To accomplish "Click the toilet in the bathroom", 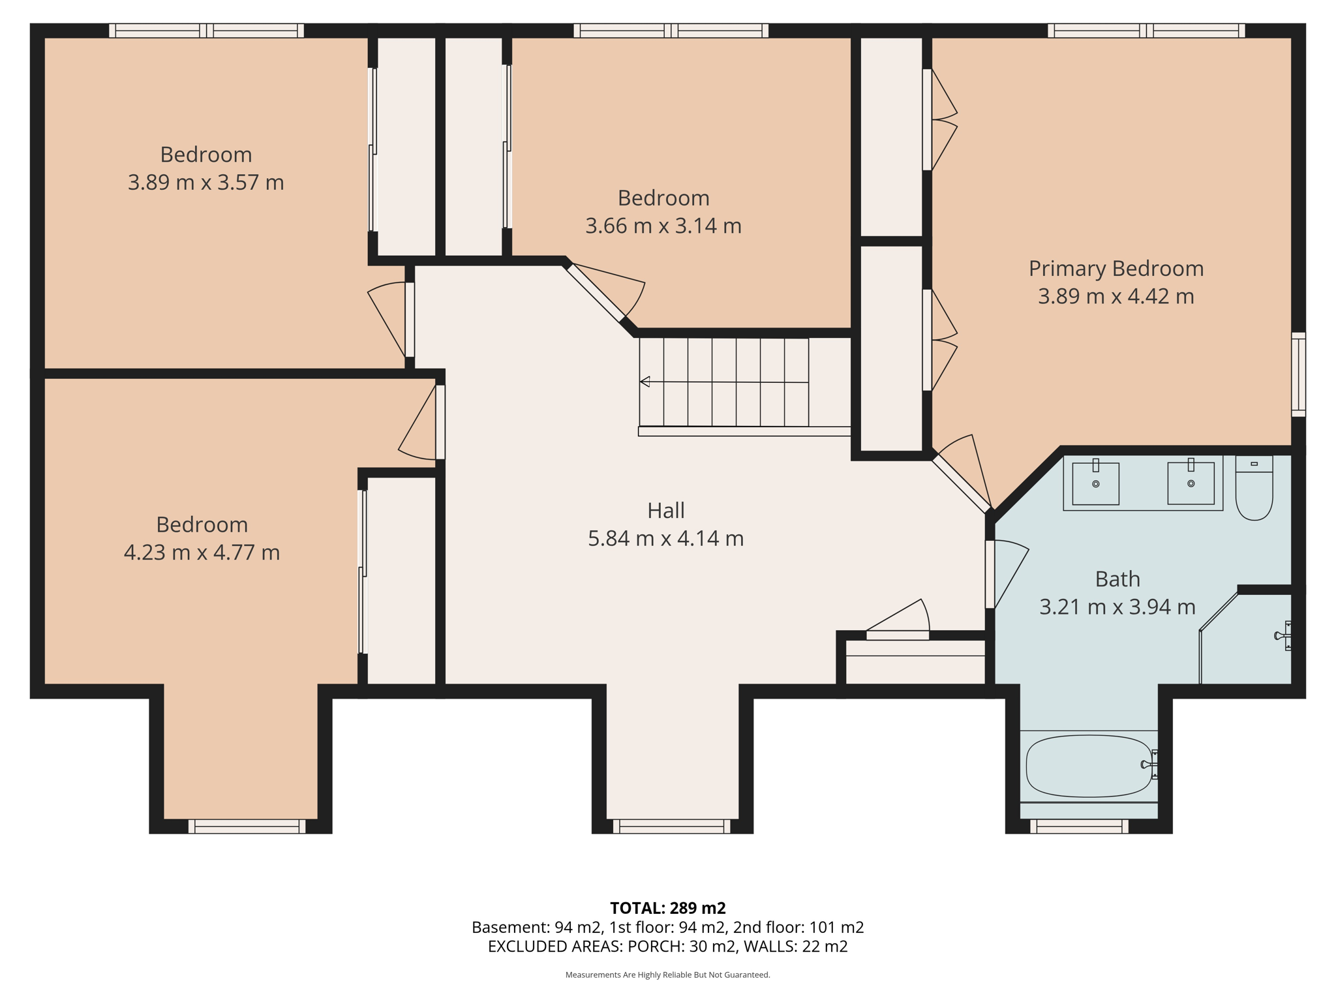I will [x=1254, y=491].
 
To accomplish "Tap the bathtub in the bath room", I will [x=1088, y=766].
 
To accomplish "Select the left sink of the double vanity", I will [x=1096, y=483].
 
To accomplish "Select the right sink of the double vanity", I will [x=1191, y=483].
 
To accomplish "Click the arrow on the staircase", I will [x=645, y=382].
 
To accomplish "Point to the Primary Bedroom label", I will [x=1116, y=268].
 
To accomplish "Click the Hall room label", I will [x=665, y=510].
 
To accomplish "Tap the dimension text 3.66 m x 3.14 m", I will [x=663, y=226].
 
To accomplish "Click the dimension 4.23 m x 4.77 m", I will [x=202, y=553].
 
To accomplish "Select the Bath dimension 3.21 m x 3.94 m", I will [x=1117, y=607].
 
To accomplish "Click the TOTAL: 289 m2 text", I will [x=667, y=907].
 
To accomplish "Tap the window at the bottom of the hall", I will [x=671, y=827].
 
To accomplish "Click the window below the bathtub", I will [x=1079, y=827].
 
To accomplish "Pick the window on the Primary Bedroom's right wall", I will [x=1298, y=374].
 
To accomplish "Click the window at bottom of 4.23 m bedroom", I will [x=247, y=827].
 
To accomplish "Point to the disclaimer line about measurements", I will [x=667, y=975].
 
